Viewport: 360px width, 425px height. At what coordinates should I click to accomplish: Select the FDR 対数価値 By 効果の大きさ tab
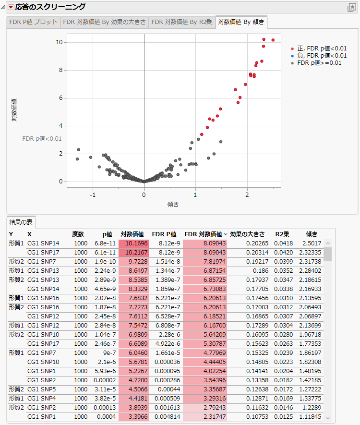104,22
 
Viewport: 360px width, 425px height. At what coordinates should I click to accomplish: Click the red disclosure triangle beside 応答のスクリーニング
11,7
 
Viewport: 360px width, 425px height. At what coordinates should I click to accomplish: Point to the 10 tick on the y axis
59,42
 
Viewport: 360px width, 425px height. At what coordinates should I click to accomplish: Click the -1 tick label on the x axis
93,195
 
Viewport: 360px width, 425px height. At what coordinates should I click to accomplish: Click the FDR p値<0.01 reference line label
42,139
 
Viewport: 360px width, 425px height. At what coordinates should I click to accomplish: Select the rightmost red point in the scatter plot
273,40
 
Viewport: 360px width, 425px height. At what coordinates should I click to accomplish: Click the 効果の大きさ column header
247,234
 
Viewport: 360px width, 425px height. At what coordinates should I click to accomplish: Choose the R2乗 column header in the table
282,234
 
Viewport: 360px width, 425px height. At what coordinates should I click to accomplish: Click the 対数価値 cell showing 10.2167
134,253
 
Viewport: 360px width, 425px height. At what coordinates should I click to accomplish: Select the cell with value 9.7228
134,261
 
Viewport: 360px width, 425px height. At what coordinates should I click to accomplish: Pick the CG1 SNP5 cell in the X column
43,389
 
